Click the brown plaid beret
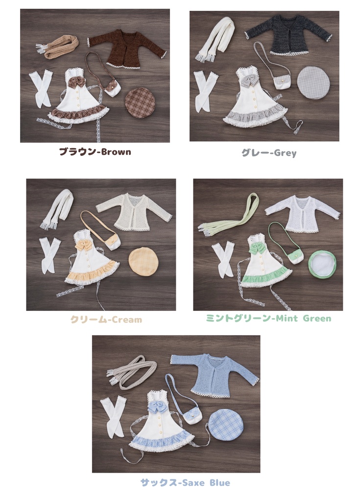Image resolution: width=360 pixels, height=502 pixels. pos(140,102)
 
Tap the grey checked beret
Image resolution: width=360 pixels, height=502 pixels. pos(313,82)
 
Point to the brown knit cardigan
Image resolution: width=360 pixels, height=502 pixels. pos(128,48)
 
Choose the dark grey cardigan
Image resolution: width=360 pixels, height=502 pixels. pos(288,34)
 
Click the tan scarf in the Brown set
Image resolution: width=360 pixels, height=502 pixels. pos(60,47)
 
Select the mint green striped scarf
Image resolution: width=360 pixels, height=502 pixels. pos(230,216)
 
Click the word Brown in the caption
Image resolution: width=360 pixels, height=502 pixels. pos(116,152)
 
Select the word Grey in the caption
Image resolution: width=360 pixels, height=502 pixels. pos(285,153)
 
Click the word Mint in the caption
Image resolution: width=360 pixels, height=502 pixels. pos(287,319)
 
